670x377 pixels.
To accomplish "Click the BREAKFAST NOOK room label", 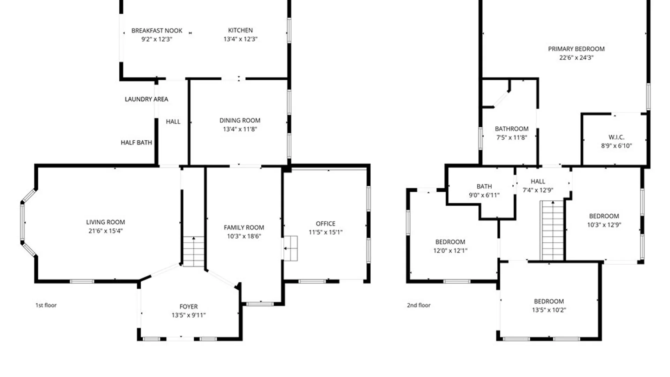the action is [157, 31].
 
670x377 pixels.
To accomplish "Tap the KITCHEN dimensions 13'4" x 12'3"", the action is [240, 39].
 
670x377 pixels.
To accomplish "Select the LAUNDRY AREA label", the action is [147, 99].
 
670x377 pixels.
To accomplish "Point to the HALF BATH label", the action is [136, 142].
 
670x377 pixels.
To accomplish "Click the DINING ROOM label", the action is [240, 120].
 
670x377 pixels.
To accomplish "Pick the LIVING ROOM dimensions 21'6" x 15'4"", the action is [105, 231].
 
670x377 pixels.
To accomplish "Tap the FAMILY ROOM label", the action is [244, 228].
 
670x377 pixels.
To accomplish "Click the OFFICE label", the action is [326, 224].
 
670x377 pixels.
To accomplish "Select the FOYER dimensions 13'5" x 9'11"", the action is [188, 315].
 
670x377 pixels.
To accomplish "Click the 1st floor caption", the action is [46, 305].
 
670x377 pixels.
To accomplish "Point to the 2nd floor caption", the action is [419, 305].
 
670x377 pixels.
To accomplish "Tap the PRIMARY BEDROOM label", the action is [576, 49].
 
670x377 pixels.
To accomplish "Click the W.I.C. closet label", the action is [617, 137].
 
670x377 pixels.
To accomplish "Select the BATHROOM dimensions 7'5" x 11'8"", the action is [512, 138].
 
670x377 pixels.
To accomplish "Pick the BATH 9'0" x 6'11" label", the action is [484, 191].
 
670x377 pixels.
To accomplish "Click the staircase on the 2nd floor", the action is [552, 230].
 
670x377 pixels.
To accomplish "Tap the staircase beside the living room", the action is [194, 252].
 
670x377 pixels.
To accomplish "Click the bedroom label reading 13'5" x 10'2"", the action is [549, 305].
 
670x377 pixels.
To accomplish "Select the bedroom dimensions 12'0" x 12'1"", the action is [450, 251].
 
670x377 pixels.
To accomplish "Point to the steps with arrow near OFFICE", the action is [290, 248].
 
